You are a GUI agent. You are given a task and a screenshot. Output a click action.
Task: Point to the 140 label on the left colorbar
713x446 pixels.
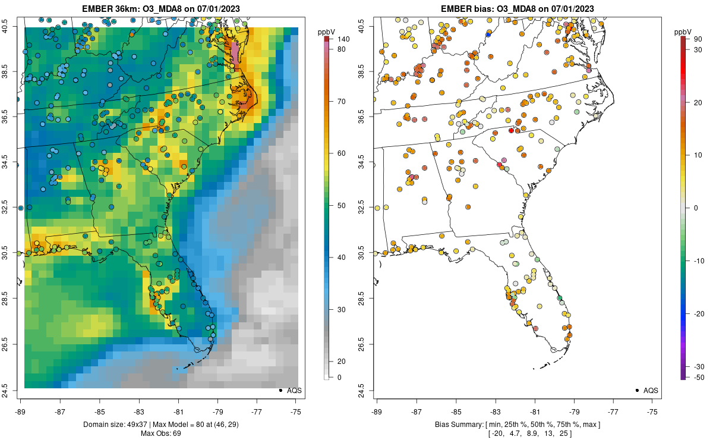coord(343,39)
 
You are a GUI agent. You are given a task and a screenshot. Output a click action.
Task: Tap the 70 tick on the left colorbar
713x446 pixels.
coord(341,102)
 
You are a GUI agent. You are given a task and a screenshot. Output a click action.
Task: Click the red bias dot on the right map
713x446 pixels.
coord(511,130)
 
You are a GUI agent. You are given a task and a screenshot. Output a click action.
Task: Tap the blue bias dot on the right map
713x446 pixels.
coord(488,34)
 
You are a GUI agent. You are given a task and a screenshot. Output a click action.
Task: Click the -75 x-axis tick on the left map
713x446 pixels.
coord(296,411)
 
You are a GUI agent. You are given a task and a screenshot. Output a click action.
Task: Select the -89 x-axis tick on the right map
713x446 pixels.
coord(377,411)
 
